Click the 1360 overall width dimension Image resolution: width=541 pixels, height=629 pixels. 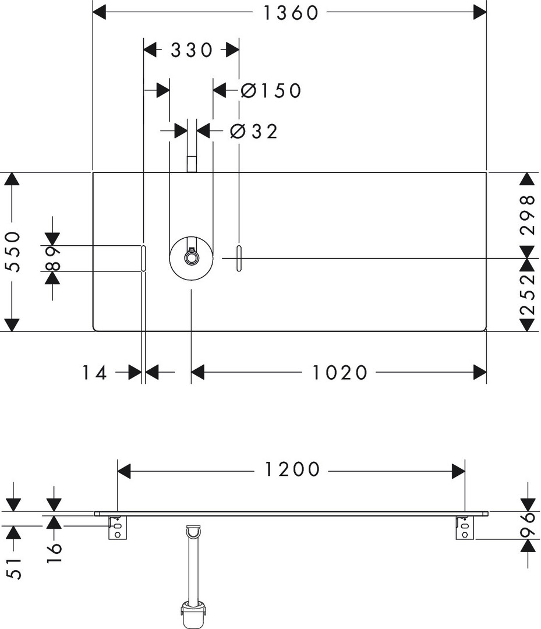291,12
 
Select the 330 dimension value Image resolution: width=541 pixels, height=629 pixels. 192,51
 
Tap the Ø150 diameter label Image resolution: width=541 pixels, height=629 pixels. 271,90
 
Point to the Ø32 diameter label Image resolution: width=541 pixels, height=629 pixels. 254,132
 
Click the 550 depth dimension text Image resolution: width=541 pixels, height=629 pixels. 13,252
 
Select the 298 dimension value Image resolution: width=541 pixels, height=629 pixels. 527,215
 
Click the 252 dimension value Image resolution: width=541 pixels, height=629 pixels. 527,295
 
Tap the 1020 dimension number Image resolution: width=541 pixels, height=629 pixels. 340,372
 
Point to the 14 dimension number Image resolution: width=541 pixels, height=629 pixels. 94,372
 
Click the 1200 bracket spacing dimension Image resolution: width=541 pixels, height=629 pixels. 293,469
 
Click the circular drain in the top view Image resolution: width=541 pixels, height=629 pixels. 191,258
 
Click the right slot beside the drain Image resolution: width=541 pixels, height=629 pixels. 239,259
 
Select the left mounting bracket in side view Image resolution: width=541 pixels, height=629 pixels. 117,528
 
